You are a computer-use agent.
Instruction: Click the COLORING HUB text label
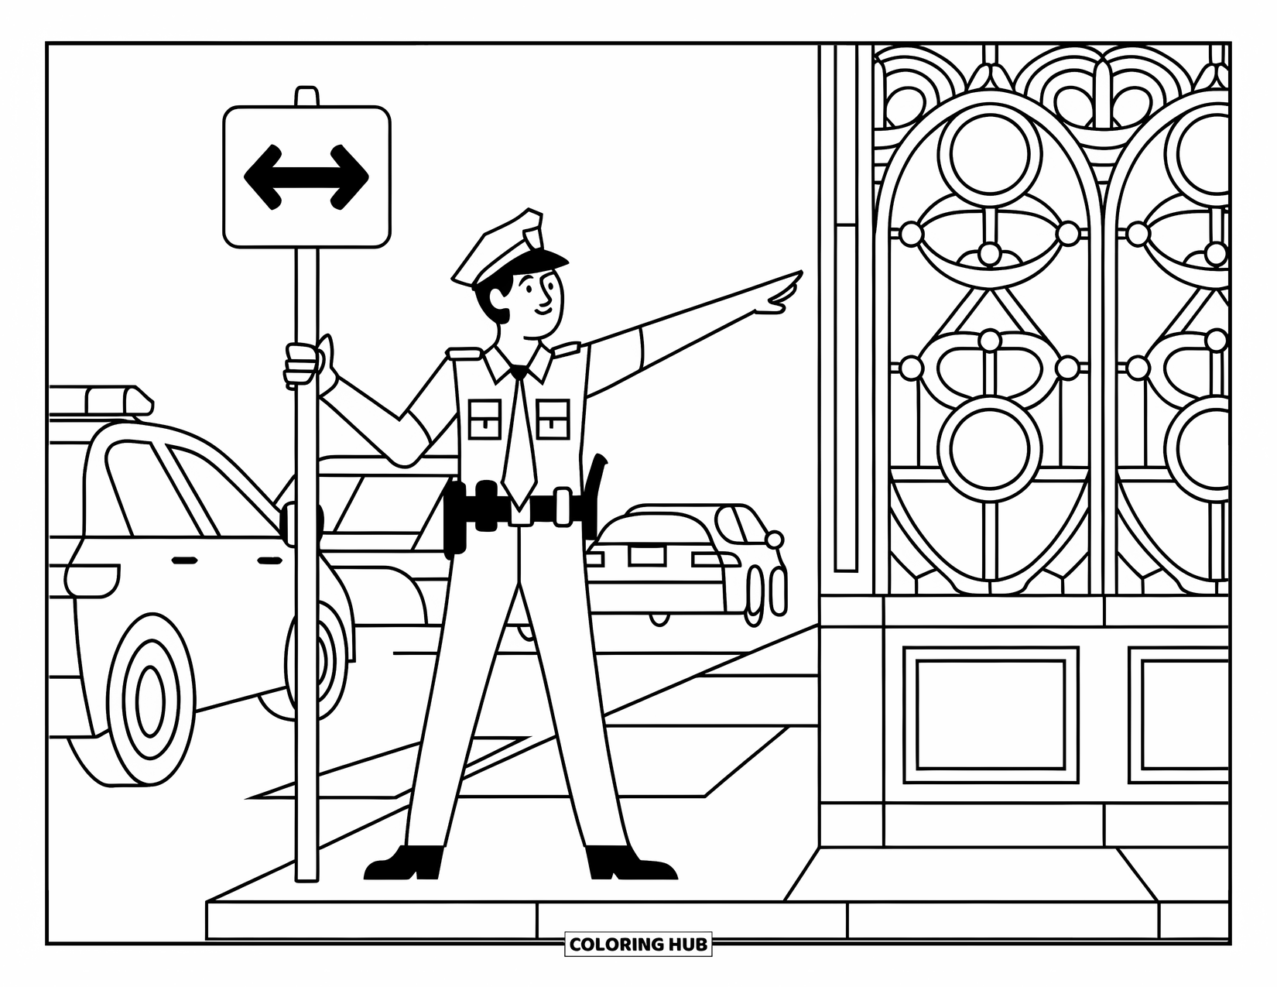click(x=638, y=944)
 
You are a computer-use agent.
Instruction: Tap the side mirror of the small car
click(x=773, y=540)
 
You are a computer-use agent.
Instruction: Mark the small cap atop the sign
click(x=306, y=96)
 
